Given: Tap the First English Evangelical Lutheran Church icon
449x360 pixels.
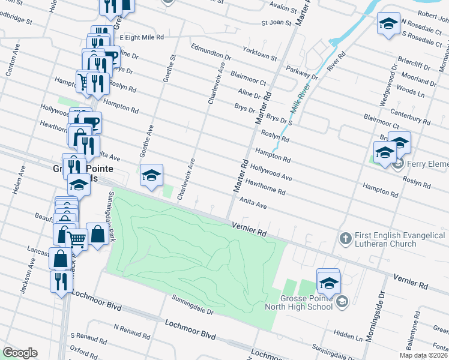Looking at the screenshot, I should click(x=345, y=239).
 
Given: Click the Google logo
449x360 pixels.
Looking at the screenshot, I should click(x=20, y=353).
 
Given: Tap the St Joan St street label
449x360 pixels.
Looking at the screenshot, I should click(x=276, y=23).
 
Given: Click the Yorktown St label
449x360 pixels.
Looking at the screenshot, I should click(x=259, y=54).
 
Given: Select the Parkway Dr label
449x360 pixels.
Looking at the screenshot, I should click(x=302, y=72).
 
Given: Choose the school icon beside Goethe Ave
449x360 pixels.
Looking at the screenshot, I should click(x=151, y=175).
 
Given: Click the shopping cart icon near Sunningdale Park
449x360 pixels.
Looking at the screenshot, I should click(x=77, y=239).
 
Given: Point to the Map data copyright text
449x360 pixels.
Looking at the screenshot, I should click(x=423, y=355).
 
